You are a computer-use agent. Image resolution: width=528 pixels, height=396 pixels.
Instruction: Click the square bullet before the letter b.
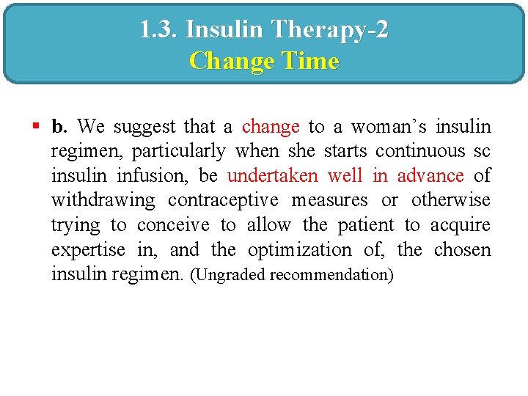[x=35, y=127]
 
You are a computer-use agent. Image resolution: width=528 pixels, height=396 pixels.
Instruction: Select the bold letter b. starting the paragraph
[x=59, y=127]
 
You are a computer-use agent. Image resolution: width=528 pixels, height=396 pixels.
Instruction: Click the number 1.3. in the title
[x=158, y=30]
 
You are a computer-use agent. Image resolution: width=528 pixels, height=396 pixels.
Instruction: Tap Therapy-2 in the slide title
[x=330, y=30]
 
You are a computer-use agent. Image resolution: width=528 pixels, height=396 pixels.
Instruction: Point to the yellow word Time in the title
[x=309, y=60]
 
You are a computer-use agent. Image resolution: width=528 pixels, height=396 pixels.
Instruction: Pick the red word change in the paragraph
[x=271, y=127]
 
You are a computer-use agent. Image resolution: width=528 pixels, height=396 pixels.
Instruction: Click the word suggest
[x=143, y=127]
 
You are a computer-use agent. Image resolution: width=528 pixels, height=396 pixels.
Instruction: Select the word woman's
[x=387, y=127]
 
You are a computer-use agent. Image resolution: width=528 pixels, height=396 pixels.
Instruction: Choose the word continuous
[x=420, y=151]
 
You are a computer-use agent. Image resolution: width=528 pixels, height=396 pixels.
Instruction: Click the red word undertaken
[x=272, y=176]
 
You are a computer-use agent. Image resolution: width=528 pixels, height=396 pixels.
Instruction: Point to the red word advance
[x=430, y=176]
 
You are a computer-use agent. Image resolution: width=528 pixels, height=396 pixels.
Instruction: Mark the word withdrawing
[x=103, y=200]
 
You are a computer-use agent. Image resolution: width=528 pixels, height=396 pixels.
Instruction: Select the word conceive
[x=173, y=225]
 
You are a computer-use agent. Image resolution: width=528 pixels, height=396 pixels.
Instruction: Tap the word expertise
[x=88, y=250]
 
